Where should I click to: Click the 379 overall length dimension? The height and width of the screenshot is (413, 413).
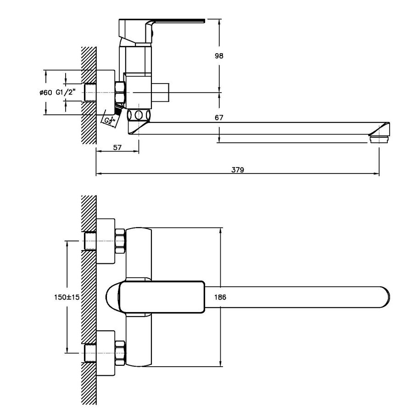tap(238, 170)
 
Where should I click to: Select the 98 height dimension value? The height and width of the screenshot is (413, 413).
tap(219, 56)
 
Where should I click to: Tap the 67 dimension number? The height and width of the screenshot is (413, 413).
tap(219, 118)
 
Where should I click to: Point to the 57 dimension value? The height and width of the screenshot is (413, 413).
tap(117, 147)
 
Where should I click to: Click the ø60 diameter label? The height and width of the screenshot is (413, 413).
tap(46, 92)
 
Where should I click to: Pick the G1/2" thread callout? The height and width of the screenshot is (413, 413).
tap(66, 92)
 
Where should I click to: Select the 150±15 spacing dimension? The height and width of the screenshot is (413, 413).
tap(67, 297)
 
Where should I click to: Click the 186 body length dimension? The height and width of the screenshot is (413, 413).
tap(220, 297)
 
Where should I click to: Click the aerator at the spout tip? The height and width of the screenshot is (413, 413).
tap(380, 140)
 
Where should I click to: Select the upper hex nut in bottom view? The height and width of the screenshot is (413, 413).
tap(120, 241)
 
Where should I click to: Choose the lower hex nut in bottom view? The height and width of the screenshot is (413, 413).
tap(120, 353)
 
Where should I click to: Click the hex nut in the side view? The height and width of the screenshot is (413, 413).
tap(120, 92)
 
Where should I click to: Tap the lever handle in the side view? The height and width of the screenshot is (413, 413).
tap(161, 29)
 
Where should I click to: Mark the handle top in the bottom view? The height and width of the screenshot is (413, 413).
tap(162, 297)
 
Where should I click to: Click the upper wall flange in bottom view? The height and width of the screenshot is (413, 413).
tap(106, 241)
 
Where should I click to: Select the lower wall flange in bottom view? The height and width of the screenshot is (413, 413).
tap(106, 353)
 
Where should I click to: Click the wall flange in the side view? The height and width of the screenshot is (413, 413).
tap(106, 92)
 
